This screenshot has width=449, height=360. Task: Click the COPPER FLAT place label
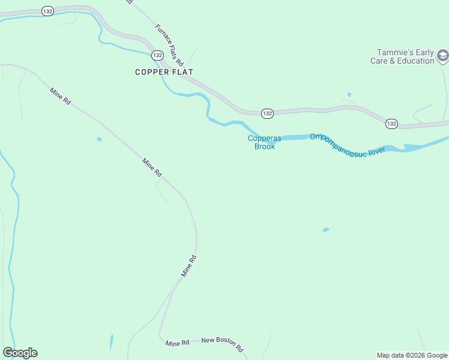pos(164,72)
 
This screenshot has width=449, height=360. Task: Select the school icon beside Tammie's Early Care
pos(442,56)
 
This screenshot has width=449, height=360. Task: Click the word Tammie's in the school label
pos(393,52)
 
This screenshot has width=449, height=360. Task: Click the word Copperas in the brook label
pos(265,139)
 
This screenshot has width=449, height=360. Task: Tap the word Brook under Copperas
pos(265,146)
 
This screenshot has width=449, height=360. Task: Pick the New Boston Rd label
pos(222,344)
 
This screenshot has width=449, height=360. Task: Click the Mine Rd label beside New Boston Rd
pos(178,343)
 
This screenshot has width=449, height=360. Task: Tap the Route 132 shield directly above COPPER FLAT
pos(157,55)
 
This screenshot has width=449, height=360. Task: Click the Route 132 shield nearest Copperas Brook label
pos(267,113)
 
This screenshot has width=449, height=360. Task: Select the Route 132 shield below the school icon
pos(391,123)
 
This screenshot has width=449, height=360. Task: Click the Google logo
pos(20,353)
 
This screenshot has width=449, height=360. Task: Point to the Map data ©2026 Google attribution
pos(412,355)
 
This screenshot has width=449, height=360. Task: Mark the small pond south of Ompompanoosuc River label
pos(326,229)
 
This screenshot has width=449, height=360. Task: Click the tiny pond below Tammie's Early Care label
pos(349,95)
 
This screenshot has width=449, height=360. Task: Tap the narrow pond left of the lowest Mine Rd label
pos(111,342)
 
